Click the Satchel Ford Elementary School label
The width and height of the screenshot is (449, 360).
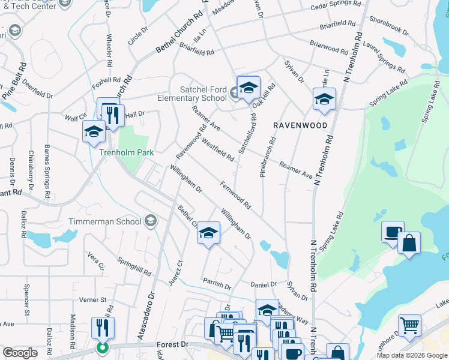point(192,94)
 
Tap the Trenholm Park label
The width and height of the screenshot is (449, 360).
point(125,153)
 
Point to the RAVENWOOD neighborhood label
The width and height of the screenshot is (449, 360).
point(300,125)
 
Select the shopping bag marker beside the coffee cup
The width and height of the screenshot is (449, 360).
point(409,243)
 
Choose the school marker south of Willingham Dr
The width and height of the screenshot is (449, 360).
point(208,233)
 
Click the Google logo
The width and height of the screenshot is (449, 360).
point(20,353)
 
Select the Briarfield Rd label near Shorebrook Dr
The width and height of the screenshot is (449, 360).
point(337,24)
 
